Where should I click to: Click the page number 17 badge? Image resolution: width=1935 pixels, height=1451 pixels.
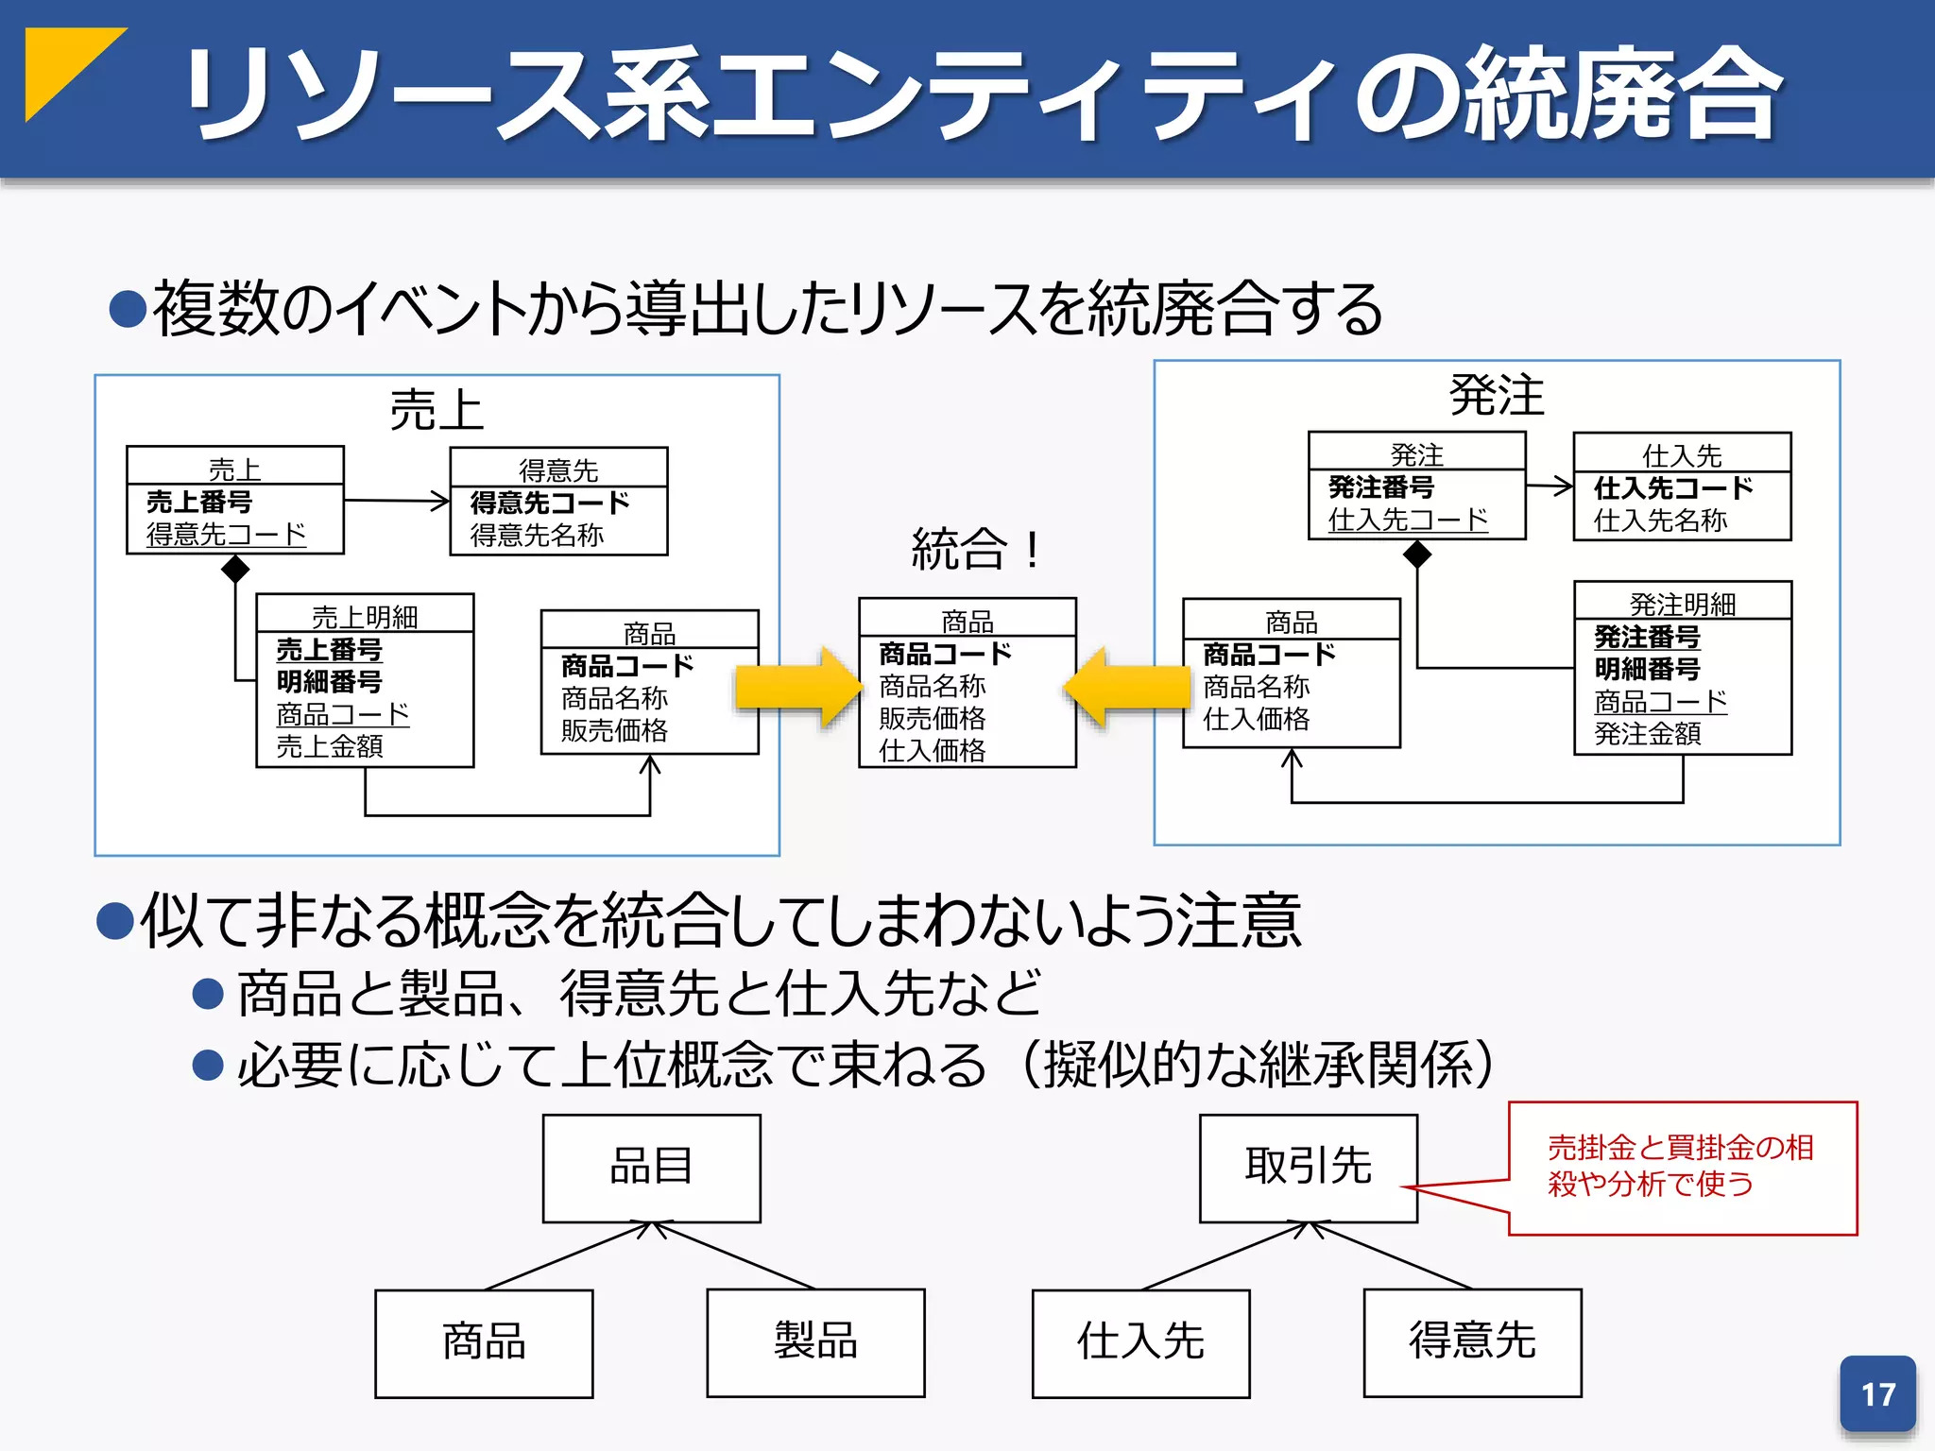point(1877,1394)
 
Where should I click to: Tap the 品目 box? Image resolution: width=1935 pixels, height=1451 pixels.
point(651,1168)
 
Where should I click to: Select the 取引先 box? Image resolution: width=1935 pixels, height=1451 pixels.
point(1308,1168)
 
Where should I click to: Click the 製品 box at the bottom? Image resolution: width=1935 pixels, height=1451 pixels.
point(815,1342)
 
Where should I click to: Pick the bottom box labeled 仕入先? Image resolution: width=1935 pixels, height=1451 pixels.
point(1140,1342)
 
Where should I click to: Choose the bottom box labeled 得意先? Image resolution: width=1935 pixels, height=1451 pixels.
point(1472,1342)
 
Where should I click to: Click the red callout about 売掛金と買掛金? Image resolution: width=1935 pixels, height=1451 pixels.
point(1682,1168)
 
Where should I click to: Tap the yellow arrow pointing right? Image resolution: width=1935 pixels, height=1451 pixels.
point(796,688)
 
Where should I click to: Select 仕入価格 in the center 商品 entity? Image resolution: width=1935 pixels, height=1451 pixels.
point(932,751)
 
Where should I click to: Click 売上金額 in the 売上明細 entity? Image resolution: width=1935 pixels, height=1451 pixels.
point(330,747)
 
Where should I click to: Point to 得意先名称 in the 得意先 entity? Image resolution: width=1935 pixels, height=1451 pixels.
point(537,536)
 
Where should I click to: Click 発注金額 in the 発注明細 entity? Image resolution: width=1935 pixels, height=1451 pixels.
point(1647,734)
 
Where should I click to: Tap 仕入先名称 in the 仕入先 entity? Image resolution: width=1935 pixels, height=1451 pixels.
point(1660,521)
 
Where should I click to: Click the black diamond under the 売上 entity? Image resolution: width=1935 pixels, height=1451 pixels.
point(235,569)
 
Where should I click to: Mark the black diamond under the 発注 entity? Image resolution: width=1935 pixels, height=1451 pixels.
point(1417,555)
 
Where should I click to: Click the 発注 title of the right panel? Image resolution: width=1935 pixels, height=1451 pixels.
point(1497,395)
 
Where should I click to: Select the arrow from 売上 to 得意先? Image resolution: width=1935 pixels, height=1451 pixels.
point(397,501)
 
